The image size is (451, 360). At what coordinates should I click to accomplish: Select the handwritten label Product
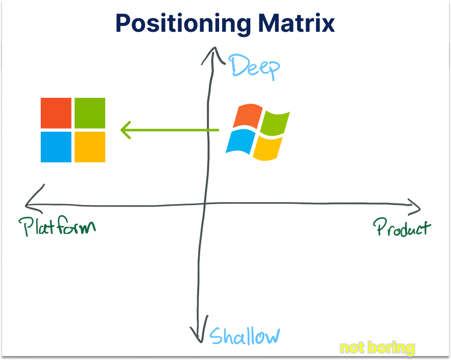[402, 228]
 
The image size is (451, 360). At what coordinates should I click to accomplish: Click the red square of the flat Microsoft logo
[56, 113]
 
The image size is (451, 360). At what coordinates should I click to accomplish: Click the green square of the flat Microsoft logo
[90, 113]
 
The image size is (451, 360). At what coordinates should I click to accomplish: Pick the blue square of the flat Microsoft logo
[56, 147]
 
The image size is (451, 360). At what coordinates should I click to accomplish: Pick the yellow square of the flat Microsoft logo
[90, 147]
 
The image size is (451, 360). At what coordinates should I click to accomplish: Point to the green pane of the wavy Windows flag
[274, 124]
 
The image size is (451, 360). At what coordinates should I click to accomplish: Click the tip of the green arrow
[122, 131]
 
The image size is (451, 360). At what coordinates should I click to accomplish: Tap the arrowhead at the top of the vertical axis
[214, 48]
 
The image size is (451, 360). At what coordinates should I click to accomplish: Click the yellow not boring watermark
[377, 348]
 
